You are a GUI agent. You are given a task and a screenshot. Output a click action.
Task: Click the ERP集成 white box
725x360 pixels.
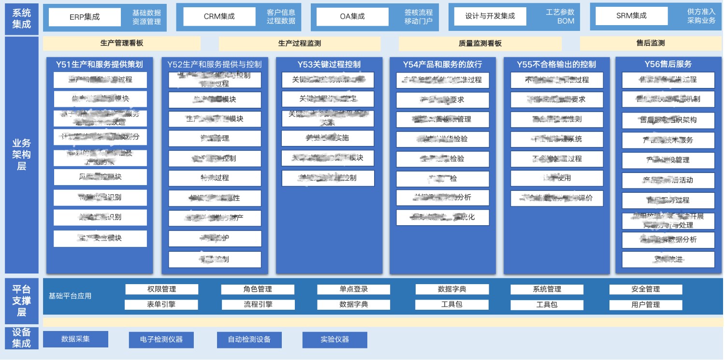point(85,17)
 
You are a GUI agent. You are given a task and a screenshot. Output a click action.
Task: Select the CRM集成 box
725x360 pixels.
point(219,16)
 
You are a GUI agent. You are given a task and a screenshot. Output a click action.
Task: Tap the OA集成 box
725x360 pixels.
point(352,16)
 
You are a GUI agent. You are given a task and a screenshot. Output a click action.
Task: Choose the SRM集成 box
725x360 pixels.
point(631,16)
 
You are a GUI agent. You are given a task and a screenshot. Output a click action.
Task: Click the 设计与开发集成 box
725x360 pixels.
point(490,16)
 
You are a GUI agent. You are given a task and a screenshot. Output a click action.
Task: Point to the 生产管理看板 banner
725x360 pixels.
point(122,43)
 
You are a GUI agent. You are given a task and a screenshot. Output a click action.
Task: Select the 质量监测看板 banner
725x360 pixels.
point(480,43)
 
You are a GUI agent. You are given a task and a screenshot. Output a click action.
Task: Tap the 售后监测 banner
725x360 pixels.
point(650,43)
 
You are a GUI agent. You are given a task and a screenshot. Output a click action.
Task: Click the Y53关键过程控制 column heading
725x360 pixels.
point(329,64)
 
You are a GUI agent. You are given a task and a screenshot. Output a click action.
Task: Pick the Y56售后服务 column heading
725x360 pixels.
point(668,64)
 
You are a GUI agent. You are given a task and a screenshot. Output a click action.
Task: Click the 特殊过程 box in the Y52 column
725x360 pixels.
point(215,178)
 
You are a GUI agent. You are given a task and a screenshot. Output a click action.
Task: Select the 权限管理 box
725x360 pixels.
point(161,289)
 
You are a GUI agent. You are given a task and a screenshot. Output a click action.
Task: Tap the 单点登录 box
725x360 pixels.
point(353,289)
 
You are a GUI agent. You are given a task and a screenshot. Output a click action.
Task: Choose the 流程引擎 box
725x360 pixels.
point(258,304)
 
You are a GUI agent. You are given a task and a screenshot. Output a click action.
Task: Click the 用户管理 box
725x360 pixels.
point(645,304)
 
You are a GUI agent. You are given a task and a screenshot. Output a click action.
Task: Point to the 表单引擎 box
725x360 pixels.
point(161,304)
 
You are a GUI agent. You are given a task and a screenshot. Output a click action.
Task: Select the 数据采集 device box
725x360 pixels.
point(75,339)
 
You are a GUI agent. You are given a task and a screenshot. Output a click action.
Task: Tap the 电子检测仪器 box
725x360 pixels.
point(161,339)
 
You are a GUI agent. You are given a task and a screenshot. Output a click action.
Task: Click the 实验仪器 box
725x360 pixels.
point(334,339)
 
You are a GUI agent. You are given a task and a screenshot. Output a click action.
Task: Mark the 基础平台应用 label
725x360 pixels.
point(70,296)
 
